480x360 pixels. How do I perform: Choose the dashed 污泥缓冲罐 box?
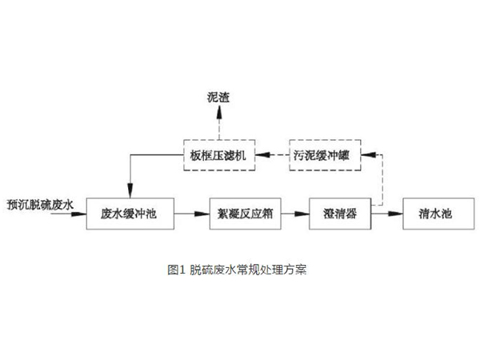[x=323, y=155]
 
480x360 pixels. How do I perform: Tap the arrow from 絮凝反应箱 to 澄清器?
[x=292, y=214]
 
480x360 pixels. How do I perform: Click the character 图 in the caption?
[x=173, y=270]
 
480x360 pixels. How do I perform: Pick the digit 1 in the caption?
[x=182, y=270]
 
